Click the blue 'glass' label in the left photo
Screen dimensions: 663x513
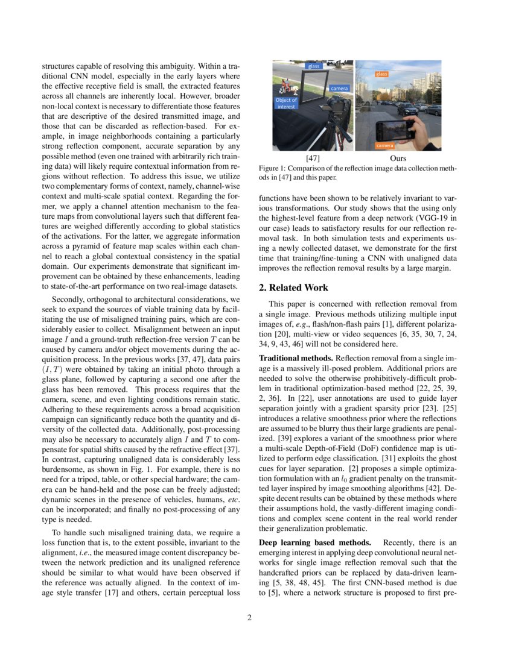[x=314, y=66]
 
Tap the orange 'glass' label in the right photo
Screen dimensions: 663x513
[x=381, y=74]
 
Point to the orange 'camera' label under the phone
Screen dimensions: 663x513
[x=384, y=145]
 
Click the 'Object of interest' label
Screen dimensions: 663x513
[x=285, y=103]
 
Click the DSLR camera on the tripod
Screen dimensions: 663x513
[x=338, y=108]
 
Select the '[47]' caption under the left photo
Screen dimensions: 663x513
[x=304, y=158]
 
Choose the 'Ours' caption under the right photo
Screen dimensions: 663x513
[x=398, y=158]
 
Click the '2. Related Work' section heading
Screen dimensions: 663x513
[x=293, y=288]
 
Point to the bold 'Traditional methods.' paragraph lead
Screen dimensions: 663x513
[x=291, y=358]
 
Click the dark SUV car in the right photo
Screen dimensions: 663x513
[x=407, y=109]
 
